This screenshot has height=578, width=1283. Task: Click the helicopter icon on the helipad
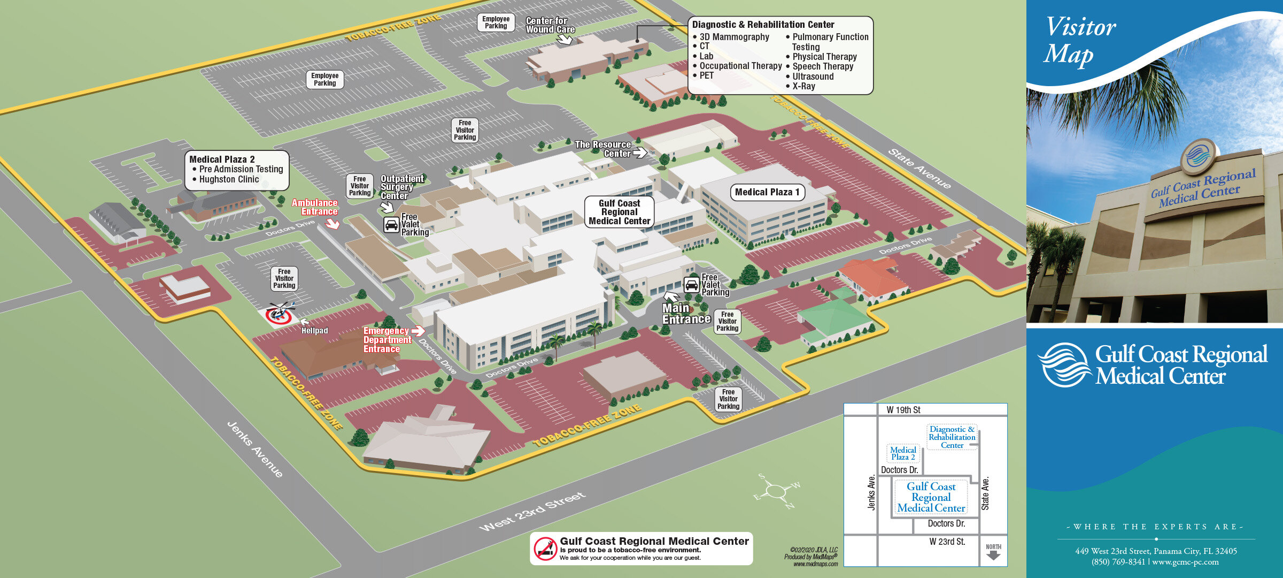tap(280, 311)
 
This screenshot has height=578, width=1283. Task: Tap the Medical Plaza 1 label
tap(767, 192)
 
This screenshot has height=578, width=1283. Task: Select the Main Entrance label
tap(685, 314)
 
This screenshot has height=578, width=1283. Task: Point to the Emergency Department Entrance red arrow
tap(418, 331)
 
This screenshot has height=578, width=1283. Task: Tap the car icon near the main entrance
tap(691, 285)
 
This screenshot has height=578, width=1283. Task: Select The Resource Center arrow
tap(640, 153)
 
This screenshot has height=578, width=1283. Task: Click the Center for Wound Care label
tap(550, 25)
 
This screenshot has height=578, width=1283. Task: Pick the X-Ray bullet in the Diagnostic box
tap(803, 86)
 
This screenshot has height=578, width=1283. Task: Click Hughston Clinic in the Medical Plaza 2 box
tap(229, 179)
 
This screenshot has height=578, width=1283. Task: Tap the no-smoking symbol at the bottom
tap(545, 549)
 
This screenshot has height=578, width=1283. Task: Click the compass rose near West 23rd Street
tap(775, 490)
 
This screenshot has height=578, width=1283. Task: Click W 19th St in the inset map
tap(903, 410)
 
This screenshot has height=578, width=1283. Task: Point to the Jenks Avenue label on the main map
tap(255, 449)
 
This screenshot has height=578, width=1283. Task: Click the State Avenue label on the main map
tap(919, 169)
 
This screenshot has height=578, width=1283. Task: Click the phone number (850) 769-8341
tap(1118, 562)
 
